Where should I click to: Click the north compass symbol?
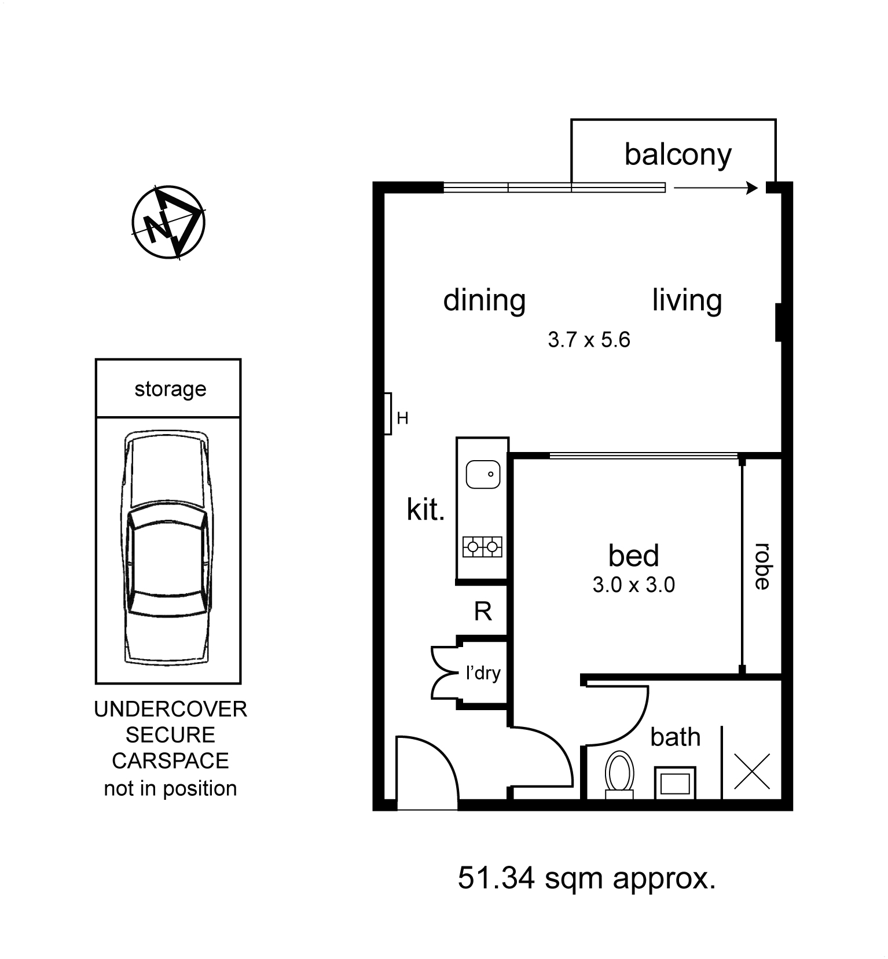point(168,222)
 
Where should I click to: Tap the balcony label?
point(677,155)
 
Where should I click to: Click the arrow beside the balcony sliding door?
point(715,188)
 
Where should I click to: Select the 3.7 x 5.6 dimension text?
point(589,340)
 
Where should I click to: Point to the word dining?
point(484,300)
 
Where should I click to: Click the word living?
point(687,300)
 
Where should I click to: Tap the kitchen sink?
point(483,475)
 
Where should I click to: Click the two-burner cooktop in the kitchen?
point(482,546)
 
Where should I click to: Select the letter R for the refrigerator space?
point(483,611)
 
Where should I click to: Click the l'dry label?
point(483,673)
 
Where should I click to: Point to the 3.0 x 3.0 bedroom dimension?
point(633,585)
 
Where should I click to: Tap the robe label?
point(762,566)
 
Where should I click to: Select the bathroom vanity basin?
point(675,784)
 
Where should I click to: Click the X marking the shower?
point(752,771)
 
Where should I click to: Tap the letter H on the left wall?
point(403,418)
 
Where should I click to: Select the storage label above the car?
point(170,389)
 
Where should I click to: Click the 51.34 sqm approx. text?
point(586,878)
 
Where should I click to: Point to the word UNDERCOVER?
point(170,709)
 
